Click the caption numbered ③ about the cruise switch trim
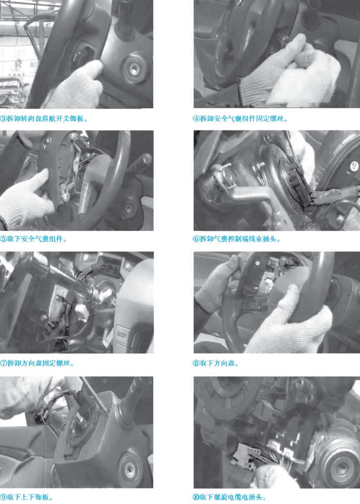[x=44, y=118]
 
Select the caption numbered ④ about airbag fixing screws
[x=241, y=118]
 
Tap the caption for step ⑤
[x=34, y=239]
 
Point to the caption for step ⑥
[x=237, y=239]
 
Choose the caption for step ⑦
[x=37, y=364]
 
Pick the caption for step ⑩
[x=230, y=497]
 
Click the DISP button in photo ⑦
[x=122, y=335]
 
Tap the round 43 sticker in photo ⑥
[x=354, y=166]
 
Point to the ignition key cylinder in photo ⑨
[x=130, y=470]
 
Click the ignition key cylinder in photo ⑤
[x=128, y=208]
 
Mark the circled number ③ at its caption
[x=3, y=119]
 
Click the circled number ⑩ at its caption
[x=196, y=497]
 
